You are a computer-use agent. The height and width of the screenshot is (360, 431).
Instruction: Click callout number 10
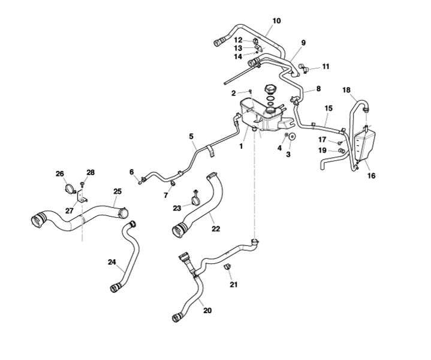point(276,20)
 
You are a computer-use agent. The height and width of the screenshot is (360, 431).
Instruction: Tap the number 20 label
point(207,310)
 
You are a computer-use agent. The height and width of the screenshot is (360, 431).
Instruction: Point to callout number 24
point(112,262)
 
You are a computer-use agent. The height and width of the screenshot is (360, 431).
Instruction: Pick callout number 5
point(191,136)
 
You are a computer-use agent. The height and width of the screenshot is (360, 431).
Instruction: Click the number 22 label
point(215,229)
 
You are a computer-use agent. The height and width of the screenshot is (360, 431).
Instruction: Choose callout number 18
point(346,90)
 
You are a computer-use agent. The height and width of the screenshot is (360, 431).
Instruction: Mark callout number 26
point(60,174)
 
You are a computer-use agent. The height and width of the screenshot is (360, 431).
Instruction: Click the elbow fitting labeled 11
point(303,68)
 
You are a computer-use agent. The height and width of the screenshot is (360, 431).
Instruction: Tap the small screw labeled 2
point(249,91)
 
